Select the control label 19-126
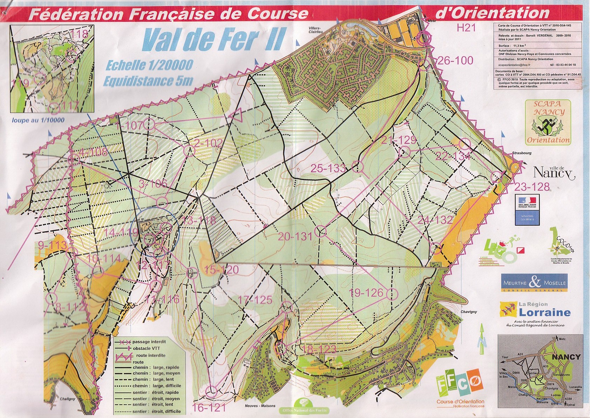click(367, 292)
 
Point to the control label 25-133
click(328, 168)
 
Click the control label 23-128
click(532, 186)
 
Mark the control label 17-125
click(255, 300)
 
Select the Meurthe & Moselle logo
click(534, 283)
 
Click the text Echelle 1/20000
click(149, 65)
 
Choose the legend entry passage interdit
click(149, 341)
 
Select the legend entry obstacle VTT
click(147, 348)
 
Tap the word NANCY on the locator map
click(566, 357)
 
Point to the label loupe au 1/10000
click(38, 120)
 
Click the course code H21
click(466, 28)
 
